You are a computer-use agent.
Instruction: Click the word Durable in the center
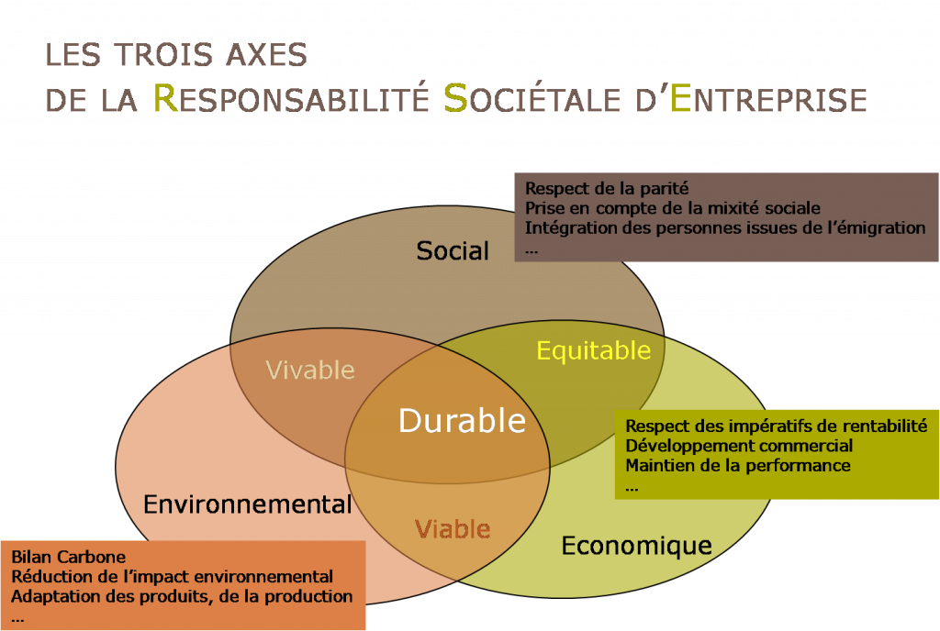pos(463,420)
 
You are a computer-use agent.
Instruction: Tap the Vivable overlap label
pos(310,370)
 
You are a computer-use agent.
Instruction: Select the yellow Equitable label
pos(594,351)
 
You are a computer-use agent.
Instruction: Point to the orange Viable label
pos(453,528)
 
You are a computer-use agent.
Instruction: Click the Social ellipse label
pos(453,251)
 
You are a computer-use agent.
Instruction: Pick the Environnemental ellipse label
pos(248,504)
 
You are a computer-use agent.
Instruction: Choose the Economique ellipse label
pos(637,546)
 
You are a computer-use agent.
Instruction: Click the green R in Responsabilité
pos(166,98)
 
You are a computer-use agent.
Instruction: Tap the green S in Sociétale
pos(455,98)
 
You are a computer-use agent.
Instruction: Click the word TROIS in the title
pos(163,54)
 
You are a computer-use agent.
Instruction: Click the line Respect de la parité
pos(607,189)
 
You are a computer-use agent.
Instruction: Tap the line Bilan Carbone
pos(68,557)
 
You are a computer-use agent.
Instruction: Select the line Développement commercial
pos(739,446)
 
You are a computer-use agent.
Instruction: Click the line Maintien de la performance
pos(738,466)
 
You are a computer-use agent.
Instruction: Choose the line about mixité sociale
pos(673,208)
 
